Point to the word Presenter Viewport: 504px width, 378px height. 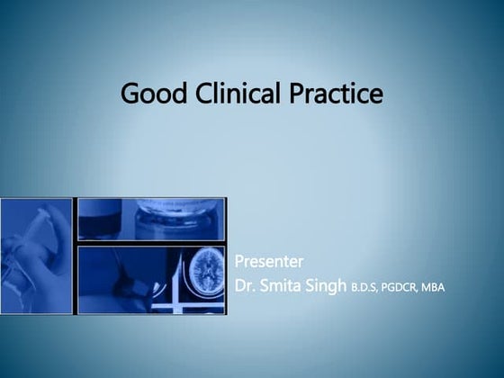(x=268, y=262)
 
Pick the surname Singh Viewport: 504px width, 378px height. (x=328, y=287)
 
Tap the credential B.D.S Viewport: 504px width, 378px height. (x=366, y=289)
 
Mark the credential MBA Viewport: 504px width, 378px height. (x=436, y=289)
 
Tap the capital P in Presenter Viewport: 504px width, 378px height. (x=238, y=262)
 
